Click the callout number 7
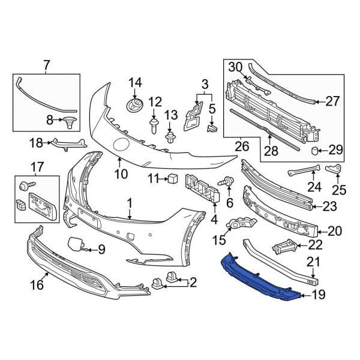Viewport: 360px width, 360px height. [x=46, y=65]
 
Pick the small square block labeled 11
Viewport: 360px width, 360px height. [x=173, y=178]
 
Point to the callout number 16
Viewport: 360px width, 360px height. [x=37, y=285]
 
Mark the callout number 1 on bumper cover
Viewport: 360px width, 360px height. [x=129, y=203]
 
